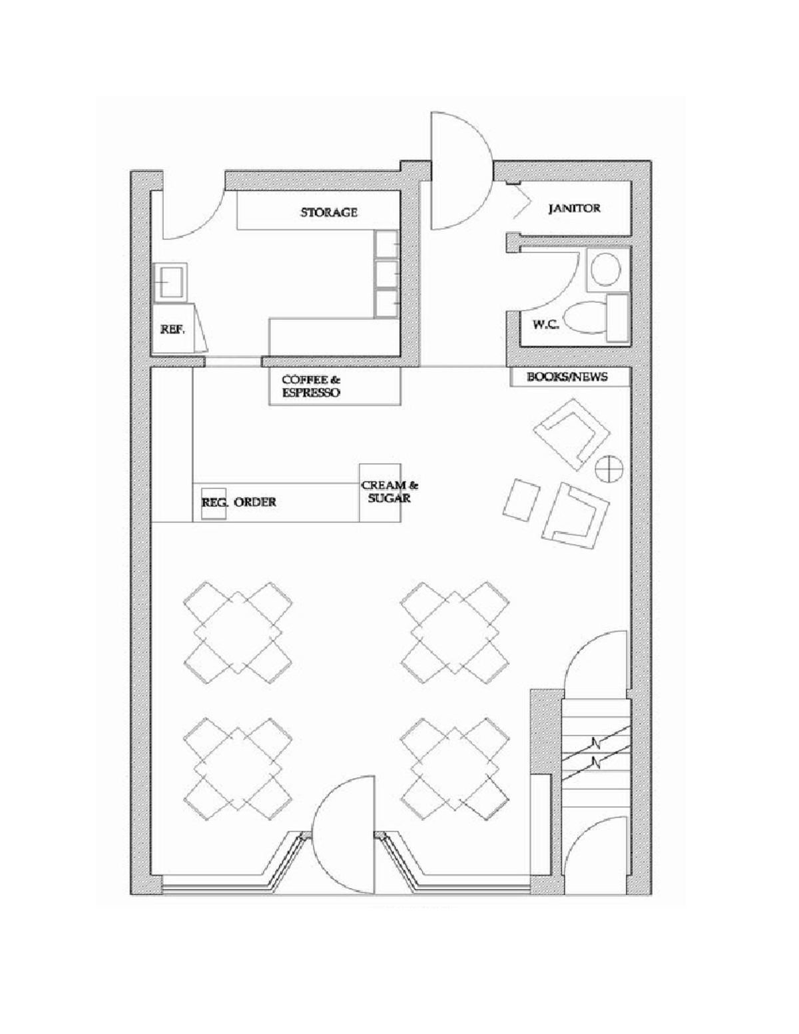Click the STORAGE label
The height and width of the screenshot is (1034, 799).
pos(328,212)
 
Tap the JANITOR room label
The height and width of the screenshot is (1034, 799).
pos(574,208)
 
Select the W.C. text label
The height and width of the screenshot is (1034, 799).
pos(545,325)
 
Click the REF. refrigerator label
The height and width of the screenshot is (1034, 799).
pos(172,329)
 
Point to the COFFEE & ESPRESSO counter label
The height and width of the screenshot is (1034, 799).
pos(311,386)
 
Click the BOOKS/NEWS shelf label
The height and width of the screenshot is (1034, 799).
pos(567,377)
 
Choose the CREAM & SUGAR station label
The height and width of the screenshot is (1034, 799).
pos(390,491)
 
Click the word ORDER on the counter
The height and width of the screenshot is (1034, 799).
pos(255,502)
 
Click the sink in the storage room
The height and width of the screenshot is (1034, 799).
pos(170,281)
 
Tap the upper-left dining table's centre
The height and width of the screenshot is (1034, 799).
pos(238,629)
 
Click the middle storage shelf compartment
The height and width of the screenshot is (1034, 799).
pos(387,273)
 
